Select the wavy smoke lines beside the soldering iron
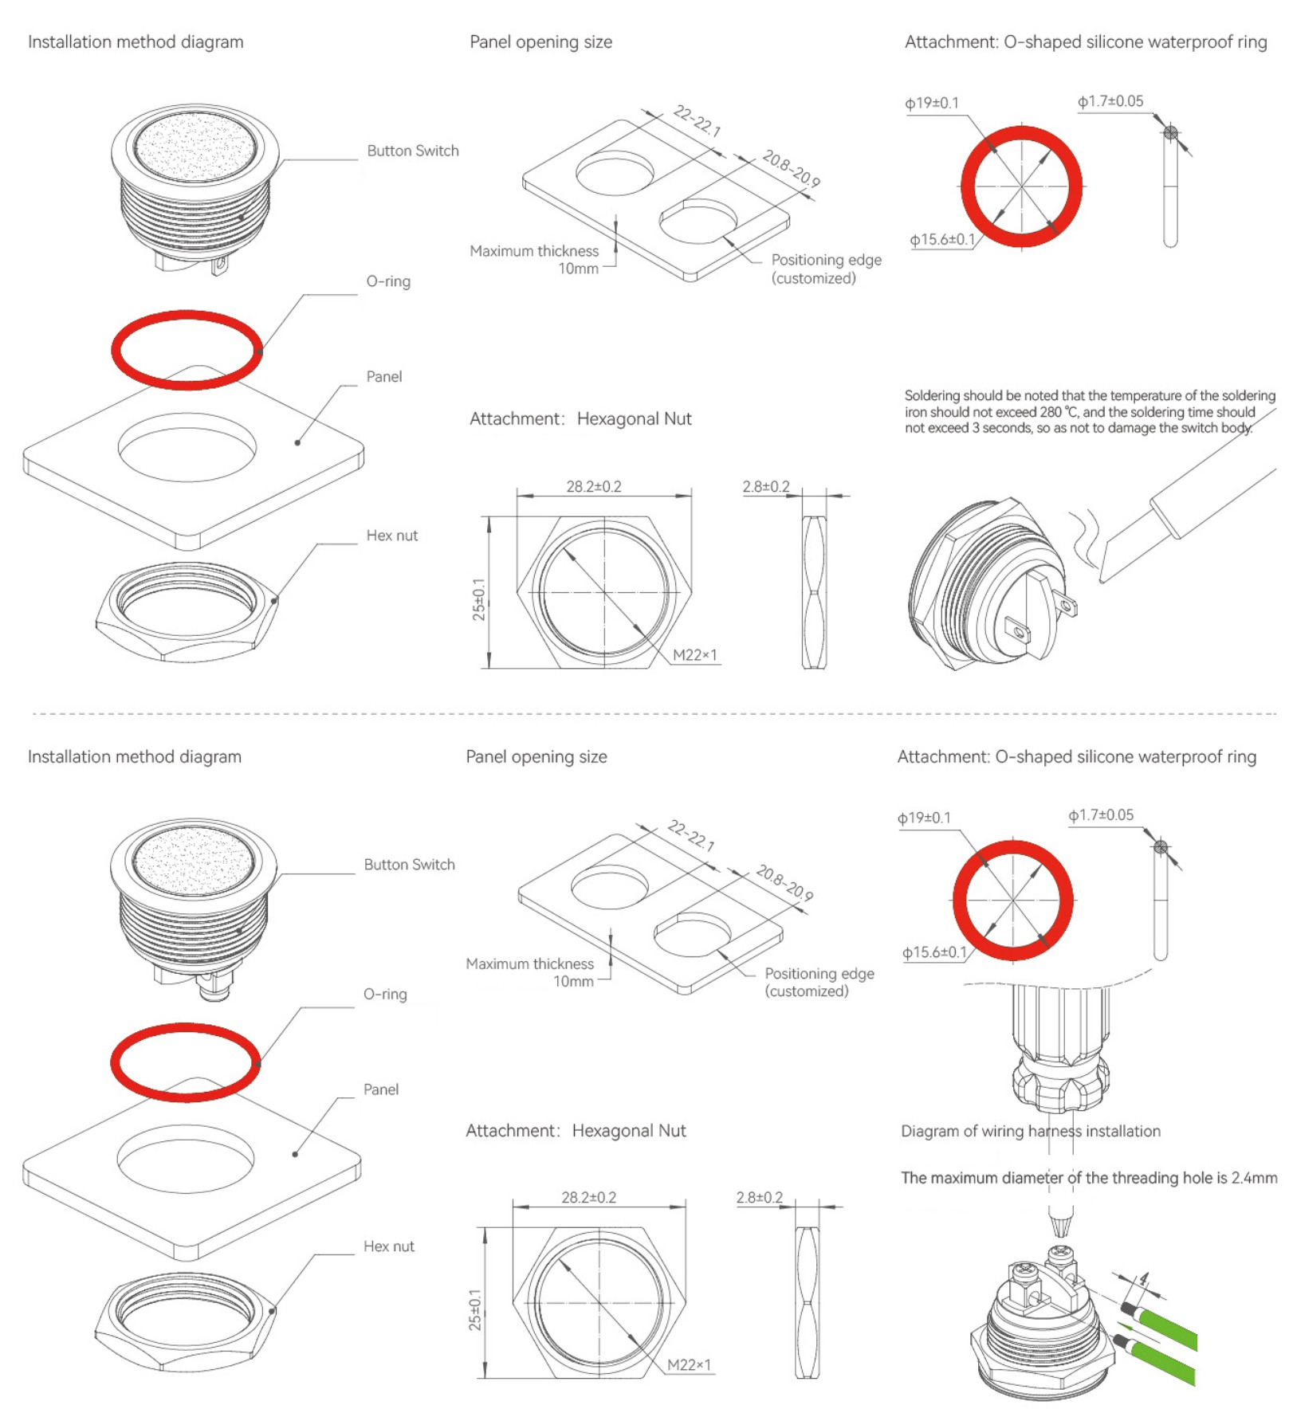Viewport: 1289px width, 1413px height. click(1085, 536)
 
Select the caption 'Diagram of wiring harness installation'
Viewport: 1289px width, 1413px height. click(1030, 1131)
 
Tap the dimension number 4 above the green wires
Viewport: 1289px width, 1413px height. click(1144, 1278)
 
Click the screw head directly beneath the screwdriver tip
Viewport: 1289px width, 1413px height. click(1060, 1254)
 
